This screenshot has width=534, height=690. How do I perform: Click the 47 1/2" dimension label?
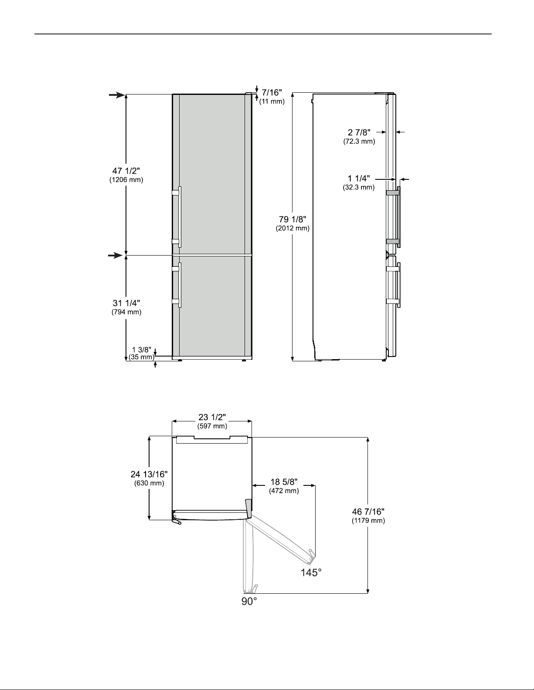126,171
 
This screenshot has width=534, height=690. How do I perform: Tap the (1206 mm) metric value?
126,180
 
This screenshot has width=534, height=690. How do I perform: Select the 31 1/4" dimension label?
126,303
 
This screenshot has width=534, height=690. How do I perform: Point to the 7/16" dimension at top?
272,92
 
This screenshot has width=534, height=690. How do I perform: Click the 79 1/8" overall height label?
293,219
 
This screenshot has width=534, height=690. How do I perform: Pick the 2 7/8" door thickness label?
359,132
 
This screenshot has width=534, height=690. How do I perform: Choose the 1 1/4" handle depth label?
359,178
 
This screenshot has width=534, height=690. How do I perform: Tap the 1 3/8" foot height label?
142,350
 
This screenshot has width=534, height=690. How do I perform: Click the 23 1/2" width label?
212,417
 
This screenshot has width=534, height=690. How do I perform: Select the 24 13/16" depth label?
149,474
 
